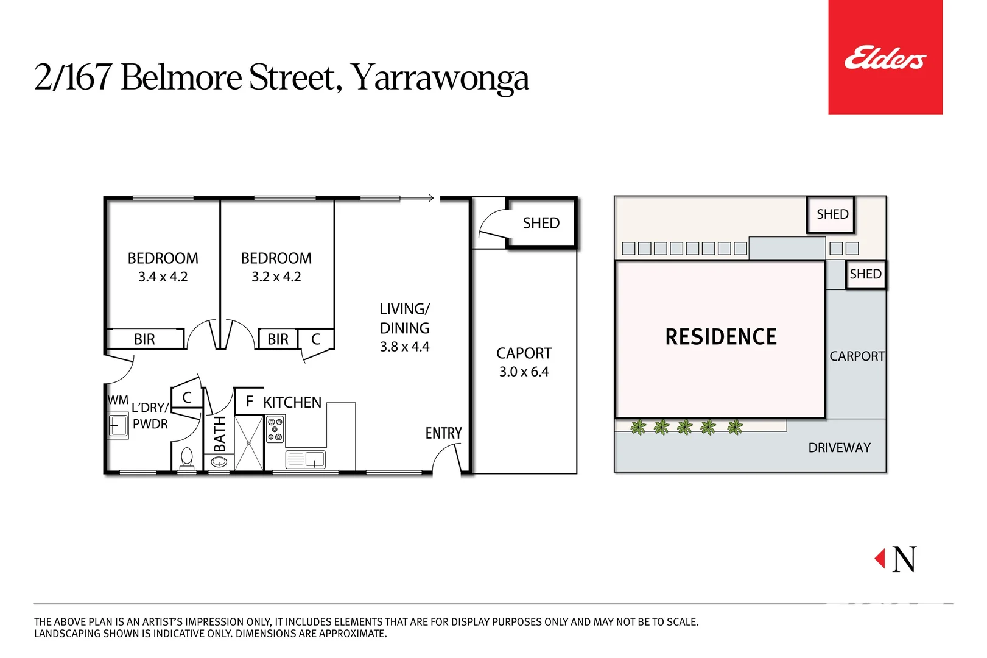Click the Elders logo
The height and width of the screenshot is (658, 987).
coord(885,58)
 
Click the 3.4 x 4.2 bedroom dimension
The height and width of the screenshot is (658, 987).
coord(163,277)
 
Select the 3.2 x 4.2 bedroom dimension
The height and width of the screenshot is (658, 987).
coord(276,277)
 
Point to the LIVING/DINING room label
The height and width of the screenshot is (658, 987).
coord(404,319)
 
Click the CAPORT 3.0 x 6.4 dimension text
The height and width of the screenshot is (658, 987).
coord(524,372)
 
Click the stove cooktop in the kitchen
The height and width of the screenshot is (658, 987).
coord(275,429)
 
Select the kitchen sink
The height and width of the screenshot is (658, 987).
coord(306,459)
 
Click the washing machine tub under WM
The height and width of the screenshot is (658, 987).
coord(118,425)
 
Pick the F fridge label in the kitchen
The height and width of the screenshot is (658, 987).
coord(249,402)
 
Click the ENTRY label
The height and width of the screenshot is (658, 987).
coord(443,433)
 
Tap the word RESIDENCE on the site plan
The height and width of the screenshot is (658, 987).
coord(721,337)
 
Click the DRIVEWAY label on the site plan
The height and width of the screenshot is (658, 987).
coord(839,448)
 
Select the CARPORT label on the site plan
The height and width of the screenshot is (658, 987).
coord(857,356)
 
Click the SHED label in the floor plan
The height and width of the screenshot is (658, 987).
coord(541,223)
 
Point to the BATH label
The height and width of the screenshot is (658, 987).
coord(219,434)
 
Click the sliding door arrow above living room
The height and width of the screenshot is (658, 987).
coord(420,198)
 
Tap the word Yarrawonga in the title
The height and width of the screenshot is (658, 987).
coord(440,79)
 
